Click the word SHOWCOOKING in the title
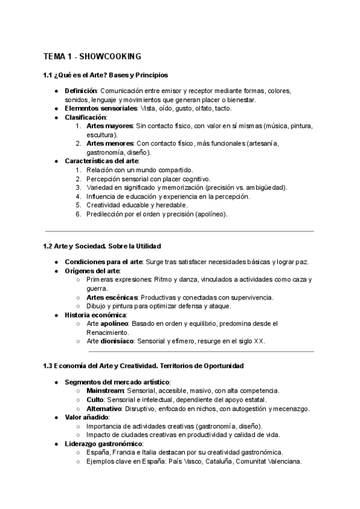pos(110,56)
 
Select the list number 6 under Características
pos(78,214)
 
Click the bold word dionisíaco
pos(117,341)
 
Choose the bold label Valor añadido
pos(87,417)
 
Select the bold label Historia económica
pos(95,315)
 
